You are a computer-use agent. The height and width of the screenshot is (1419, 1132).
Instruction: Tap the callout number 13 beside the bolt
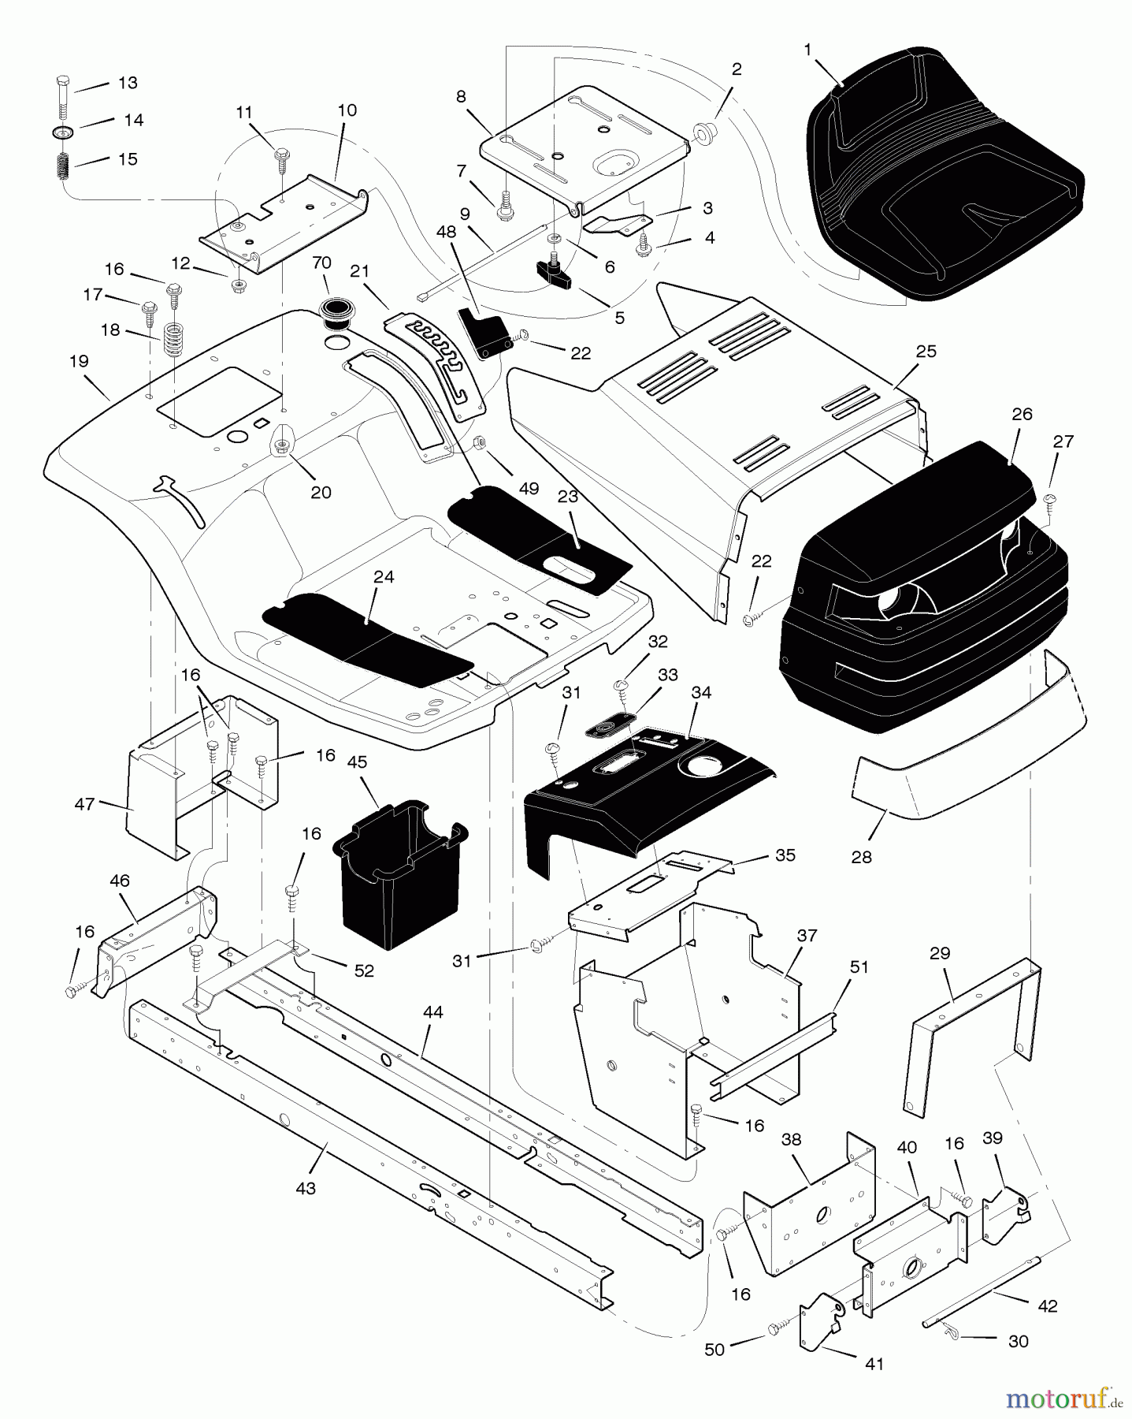128,83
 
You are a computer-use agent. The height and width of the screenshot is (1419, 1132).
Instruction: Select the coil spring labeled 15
62,167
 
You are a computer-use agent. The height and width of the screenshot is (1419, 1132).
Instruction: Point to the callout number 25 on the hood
926,351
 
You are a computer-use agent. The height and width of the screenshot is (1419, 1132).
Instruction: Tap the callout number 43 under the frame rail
305,1188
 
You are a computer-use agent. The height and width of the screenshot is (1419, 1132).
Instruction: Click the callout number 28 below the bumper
862,857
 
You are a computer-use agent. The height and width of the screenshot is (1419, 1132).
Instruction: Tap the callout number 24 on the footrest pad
384,577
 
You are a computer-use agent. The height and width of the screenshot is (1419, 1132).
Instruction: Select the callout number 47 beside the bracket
84,804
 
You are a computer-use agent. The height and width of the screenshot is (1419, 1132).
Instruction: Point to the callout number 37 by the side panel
807,936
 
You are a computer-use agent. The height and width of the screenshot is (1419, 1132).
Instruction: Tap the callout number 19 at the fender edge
79,361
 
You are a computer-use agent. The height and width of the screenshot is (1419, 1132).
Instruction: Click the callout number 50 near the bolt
714,1350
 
